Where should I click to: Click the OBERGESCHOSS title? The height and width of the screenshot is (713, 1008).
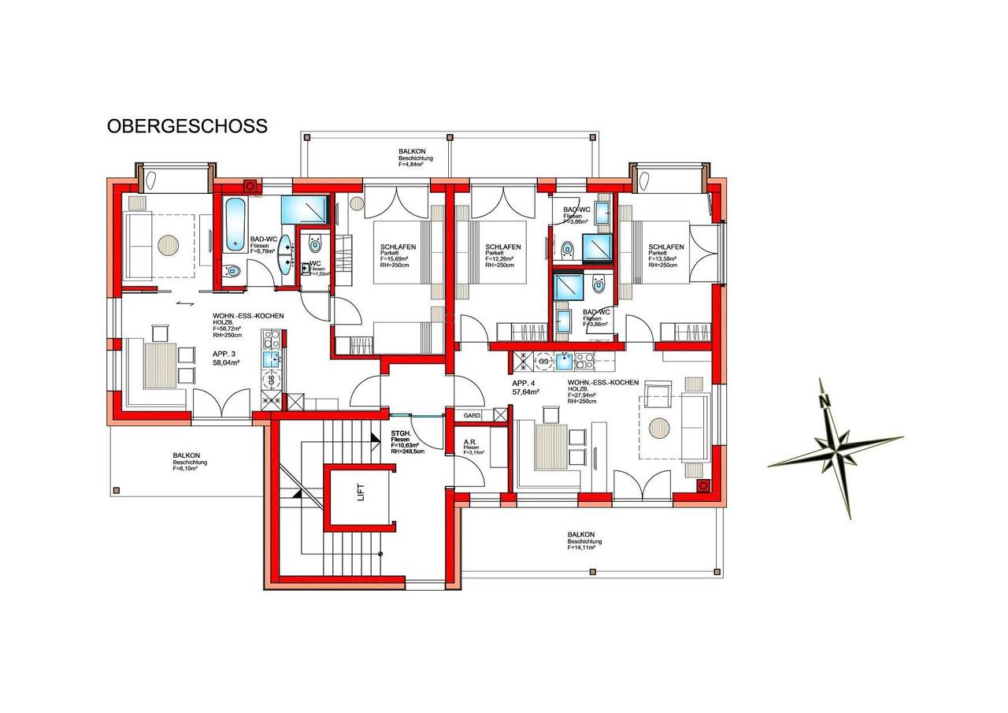[187, 126]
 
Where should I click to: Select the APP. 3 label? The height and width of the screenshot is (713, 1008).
[225, 354]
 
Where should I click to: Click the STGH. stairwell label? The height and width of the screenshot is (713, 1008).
[401, 433]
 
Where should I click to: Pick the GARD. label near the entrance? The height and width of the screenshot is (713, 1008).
[472, 415]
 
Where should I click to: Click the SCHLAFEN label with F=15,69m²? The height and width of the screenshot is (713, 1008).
[397, 247]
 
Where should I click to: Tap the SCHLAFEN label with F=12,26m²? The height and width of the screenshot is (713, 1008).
[503, 247]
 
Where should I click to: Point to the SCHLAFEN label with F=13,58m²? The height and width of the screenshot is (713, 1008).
[666, 247]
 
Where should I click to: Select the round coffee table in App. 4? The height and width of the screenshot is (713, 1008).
[659, 429]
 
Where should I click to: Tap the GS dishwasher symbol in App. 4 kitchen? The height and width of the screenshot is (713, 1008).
[543, 361]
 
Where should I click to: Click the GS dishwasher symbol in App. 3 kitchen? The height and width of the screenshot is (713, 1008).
[272, 379]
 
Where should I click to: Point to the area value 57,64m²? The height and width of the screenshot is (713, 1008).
[525, 392]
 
